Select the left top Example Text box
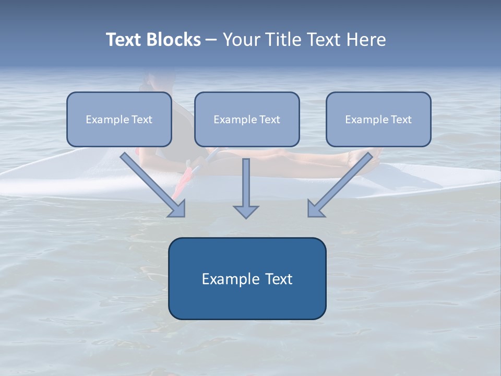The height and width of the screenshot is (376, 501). pos(119,119)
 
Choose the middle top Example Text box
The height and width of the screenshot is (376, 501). pos(247,119)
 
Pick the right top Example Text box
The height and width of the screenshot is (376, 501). pos(378,119)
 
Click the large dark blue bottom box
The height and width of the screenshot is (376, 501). pos(247,278)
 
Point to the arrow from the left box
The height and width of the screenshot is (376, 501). pos(151,183)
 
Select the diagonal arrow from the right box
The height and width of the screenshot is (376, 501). pos(342,183)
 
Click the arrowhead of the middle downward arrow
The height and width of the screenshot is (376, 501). pos(246,211)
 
